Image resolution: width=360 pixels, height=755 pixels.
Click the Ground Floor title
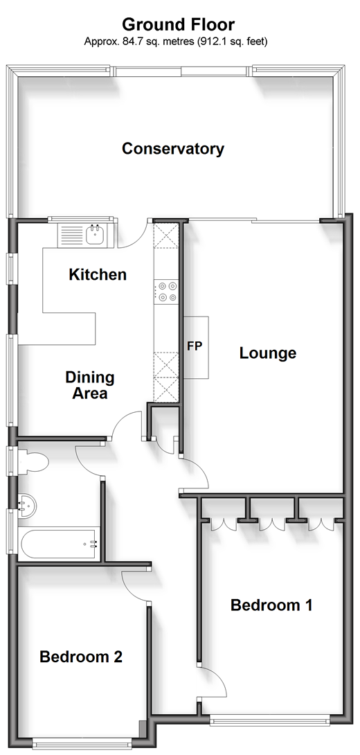(178, 24)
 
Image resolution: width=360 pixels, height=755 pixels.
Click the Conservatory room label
(173, 149)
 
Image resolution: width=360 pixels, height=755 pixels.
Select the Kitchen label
(98, 275)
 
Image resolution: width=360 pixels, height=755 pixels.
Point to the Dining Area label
(90, 385)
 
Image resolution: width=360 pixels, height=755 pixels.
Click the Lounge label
(268, 353)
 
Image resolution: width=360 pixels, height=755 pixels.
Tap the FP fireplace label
(195, 346)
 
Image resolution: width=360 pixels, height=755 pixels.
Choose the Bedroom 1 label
(271, 605)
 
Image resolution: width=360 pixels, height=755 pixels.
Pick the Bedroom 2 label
(81, 656)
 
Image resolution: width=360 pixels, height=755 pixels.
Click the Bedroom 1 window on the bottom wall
(270, 720)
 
